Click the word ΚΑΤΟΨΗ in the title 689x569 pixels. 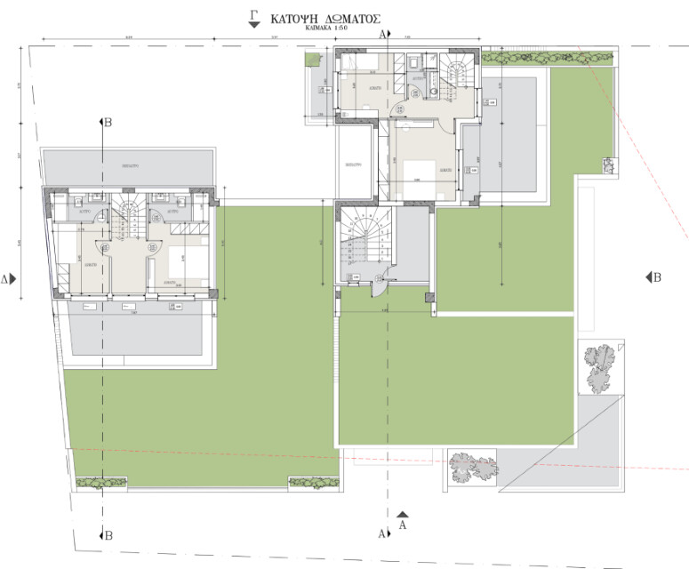tap(294, 17)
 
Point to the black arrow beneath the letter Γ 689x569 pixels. tap(254, 25)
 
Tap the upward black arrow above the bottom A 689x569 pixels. tap(403, 514)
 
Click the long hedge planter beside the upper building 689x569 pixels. tap(550, 58)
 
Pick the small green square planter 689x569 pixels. tap(311, 58)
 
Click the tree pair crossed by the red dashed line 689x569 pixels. tap(472, 468)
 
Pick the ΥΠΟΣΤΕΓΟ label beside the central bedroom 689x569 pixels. tap(354, 165)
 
